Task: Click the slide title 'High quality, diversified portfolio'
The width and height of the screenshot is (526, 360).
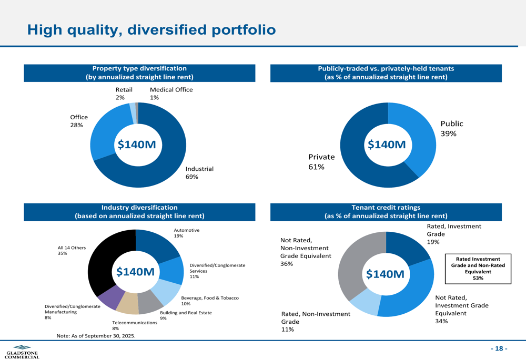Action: tap(151, 29)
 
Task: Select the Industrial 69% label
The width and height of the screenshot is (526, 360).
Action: tap(199, 173)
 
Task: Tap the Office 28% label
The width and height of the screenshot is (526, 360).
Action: tap(79, 121)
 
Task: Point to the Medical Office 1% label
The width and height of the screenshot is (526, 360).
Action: tap(171, 94)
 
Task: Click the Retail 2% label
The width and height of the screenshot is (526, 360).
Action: tap(124, 94)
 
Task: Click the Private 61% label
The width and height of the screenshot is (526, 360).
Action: tap(321, 162)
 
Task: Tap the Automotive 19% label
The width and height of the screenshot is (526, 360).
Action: tap(187, 233)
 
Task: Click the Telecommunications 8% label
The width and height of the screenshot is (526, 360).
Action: tap(135, 325)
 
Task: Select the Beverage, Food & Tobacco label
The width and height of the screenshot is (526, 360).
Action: tap(209, 301)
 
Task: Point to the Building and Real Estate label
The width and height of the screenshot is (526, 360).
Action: tap(186, 315)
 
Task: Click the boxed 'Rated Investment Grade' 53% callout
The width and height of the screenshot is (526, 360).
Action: tap(478, 269)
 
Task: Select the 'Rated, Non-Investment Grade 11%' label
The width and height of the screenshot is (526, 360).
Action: tap(315, 322)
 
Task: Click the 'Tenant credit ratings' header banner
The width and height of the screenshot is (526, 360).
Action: tap(386, 212)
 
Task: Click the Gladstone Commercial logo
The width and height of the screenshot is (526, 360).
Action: tap(22, 352)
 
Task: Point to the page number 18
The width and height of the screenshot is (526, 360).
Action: tap(499, 349)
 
